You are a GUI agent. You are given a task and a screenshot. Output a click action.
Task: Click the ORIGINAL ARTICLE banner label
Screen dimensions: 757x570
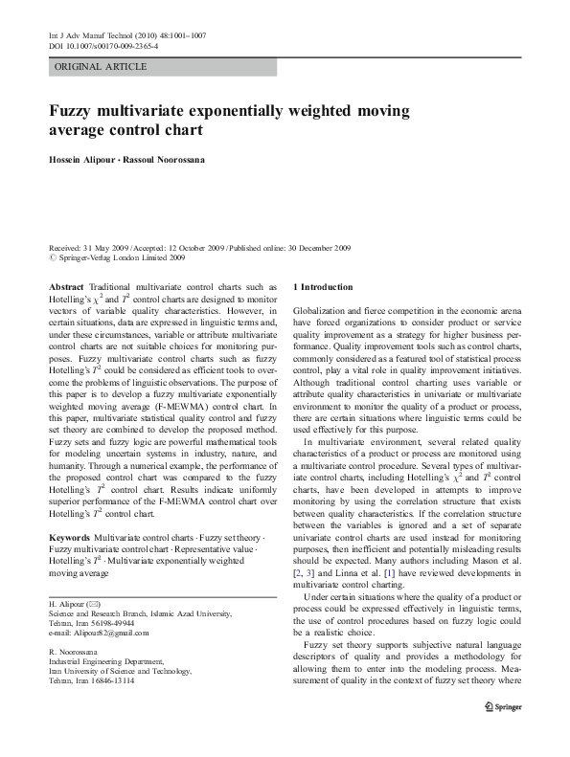click(x=101, y=67)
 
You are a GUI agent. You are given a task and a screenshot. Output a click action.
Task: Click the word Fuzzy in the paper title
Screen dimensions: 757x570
click(x=76, y=110)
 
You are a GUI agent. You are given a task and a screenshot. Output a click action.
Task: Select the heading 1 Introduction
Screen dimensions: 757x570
click(x=322, y=287)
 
